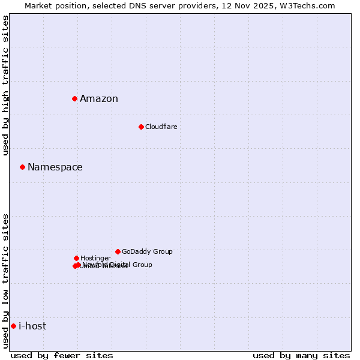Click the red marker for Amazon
74,98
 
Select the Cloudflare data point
141,127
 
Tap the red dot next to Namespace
22,167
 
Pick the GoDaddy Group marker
118,251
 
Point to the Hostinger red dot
76,258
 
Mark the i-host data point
13,326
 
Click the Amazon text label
99,99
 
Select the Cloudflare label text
161,127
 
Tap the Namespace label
55,167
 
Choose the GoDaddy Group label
147,251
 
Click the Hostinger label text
95,258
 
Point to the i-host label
32,326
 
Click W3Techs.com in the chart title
305,5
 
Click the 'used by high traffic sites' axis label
5,86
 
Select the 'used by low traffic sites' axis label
5,281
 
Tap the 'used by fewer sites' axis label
62,355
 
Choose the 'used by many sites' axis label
301,355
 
